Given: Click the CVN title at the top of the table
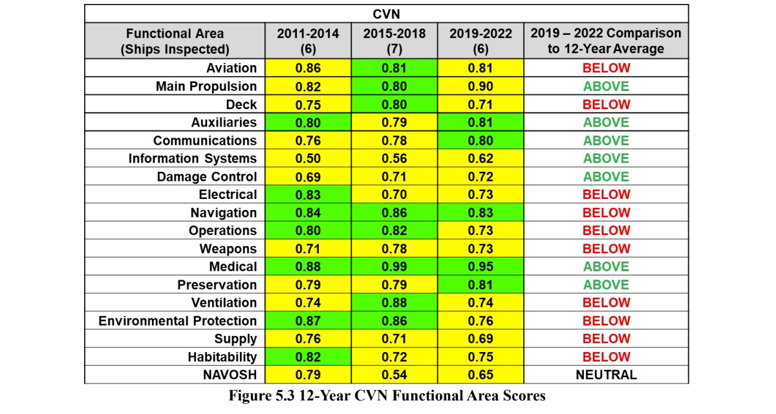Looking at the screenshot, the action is click(386, 14).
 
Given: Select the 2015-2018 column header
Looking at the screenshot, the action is click(394, 41).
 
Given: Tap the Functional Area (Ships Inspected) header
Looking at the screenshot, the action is click(175, 41).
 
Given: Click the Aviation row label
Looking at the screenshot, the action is click(232, 68).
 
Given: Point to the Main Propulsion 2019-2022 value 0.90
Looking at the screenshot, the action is click(480, 86).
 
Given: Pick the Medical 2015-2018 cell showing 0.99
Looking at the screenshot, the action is click(394, 267).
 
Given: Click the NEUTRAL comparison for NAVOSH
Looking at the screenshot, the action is click(606, 375).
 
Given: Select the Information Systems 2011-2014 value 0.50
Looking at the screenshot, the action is click(308, 158).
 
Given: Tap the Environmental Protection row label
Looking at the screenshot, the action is click(178, 321).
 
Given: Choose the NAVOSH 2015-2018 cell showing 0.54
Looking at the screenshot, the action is click(394, 375).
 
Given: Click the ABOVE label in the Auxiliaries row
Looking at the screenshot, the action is click(606, 123).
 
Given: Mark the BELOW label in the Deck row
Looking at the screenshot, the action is click(607, 105).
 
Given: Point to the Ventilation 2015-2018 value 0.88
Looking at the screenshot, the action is click(394, 303).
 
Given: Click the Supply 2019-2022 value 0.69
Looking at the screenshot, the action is click(480, 339).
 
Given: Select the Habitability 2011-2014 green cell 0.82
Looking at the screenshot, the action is click(308, 357).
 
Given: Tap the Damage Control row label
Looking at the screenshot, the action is click(207, 177).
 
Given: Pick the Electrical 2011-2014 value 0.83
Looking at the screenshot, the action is click(308, 194).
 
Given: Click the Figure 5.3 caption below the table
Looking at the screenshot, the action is click(387, 396).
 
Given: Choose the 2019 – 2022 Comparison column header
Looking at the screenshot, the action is click(606, 41).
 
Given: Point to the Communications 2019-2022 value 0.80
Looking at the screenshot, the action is click(480, 140).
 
